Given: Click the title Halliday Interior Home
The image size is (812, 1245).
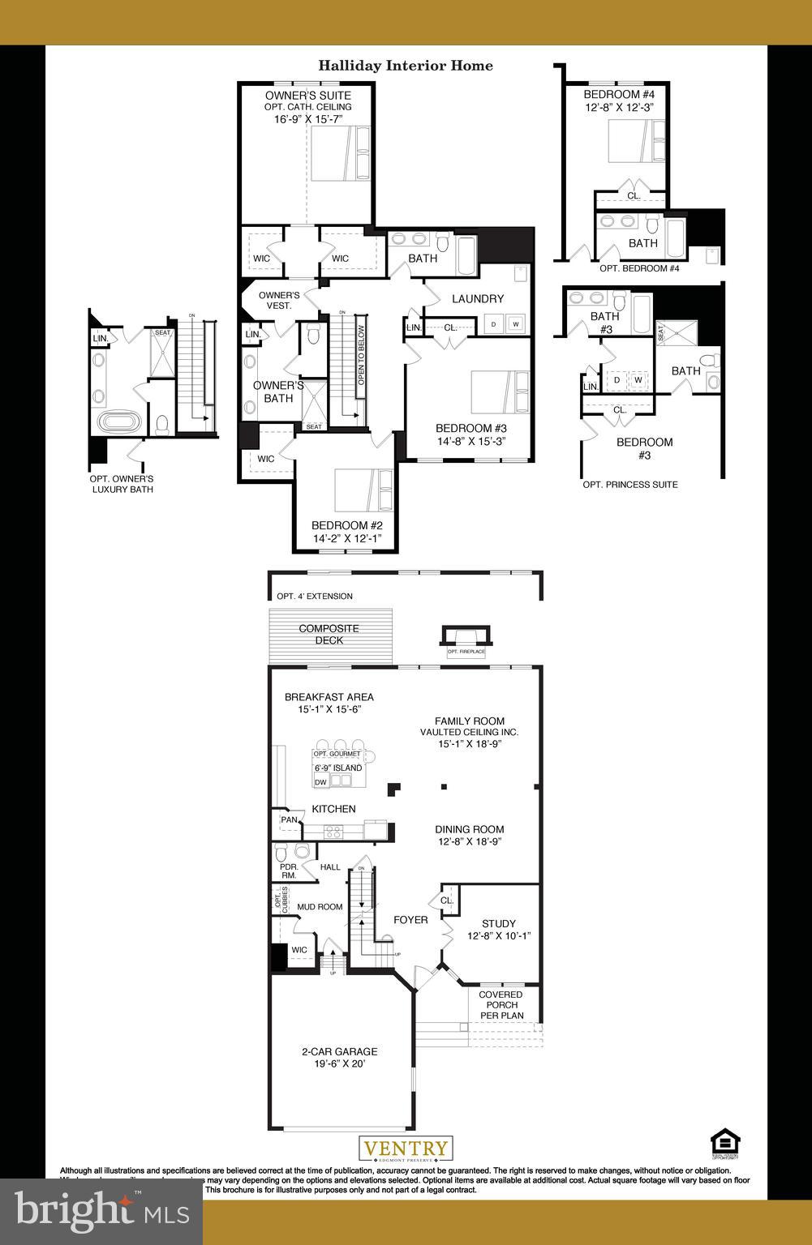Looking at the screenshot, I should [405, 66].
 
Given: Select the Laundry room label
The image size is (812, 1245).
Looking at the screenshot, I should [478, 299].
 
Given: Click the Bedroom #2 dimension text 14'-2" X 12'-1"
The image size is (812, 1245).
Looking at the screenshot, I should [346, 538].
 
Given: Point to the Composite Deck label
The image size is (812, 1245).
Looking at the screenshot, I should [329, 634].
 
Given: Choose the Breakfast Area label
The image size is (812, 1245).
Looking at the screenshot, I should [329, 697].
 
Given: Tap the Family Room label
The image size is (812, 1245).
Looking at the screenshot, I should [469, 721].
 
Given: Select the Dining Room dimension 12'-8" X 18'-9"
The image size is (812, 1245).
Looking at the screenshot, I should [469, 841].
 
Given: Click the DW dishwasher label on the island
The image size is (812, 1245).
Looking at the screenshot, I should [320, 782].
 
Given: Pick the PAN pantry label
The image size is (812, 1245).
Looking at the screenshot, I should [289, 819].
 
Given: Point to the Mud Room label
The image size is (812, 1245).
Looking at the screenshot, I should [320, 907].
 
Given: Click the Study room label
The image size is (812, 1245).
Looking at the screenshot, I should [498, 923].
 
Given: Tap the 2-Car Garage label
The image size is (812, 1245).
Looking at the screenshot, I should [339, 1051].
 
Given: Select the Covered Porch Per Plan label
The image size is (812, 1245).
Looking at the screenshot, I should [501, 1005].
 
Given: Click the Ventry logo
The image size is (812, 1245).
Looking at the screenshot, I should [406, 1149].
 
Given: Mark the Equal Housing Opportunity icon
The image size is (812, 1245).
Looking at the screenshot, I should [725, 1144].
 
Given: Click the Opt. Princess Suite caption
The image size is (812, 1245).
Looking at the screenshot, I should [630, 485].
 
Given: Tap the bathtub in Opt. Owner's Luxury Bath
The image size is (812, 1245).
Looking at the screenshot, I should [119, 421].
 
